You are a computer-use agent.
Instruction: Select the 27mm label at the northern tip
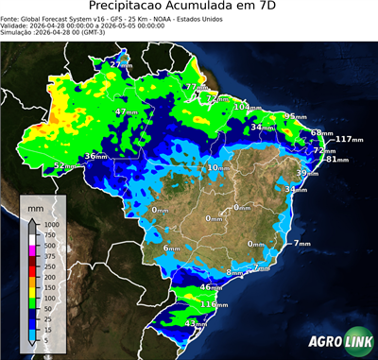pyautogui.click(x=120, y=64)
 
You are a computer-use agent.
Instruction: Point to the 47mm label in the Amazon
pyautogui.click(x=126, y=112)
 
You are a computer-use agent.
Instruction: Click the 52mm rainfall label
pyautogui.click(x=64, y=166)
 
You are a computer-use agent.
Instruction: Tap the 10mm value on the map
pyautogui.click(x=218, y=168)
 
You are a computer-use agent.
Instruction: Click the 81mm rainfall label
pyautogui.click(x=337, y=160)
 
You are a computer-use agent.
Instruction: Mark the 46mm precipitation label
pyautogui.click(x=212, y=287)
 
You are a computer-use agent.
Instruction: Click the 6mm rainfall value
pyautogui.click(x=171, y=249)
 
